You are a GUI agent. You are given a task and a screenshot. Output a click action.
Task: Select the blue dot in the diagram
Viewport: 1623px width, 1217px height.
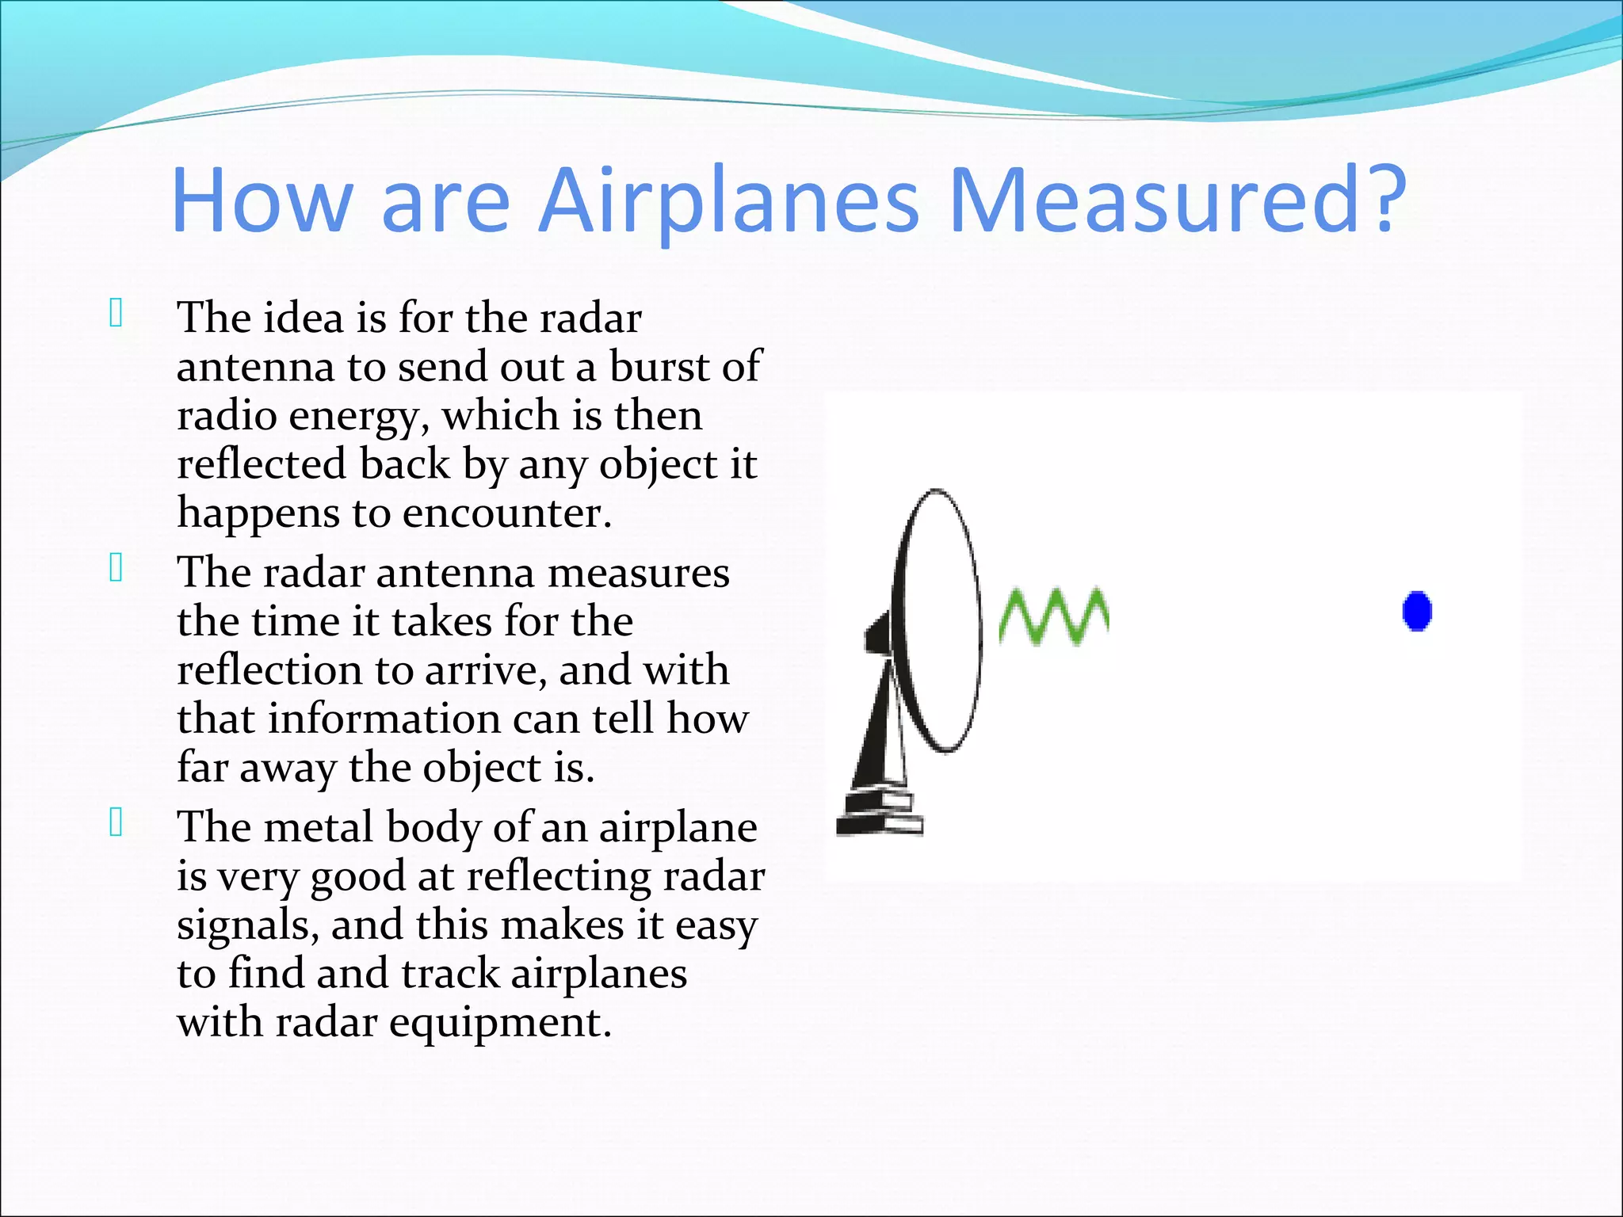pos(1417,611)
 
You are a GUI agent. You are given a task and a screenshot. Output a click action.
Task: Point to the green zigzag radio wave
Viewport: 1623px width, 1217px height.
pos(1053,616)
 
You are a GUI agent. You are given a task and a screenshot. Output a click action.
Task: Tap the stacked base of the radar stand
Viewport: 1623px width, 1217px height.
pos(880,816)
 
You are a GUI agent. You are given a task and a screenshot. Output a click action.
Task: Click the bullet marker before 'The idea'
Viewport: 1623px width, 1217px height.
pos(116,314)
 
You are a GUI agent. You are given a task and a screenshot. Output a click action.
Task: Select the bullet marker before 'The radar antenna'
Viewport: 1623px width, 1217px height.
pos(116,568)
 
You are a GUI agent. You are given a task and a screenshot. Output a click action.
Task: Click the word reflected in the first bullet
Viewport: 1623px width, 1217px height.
pos(262,464)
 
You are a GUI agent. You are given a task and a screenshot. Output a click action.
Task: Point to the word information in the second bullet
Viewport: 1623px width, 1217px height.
pos(384,719)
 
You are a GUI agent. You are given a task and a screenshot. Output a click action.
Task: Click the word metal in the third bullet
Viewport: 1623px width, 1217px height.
pos(317,827)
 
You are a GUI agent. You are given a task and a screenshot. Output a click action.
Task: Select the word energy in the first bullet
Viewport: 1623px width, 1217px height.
pos(358,417)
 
